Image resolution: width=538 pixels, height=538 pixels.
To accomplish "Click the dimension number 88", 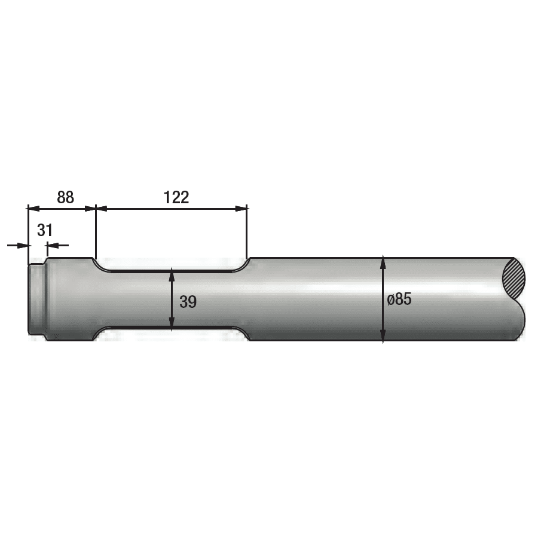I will point(65,197).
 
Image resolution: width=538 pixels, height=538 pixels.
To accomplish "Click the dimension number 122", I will point(176,197).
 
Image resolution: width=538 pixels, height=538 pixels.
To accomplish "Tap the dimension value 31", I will point(45,230).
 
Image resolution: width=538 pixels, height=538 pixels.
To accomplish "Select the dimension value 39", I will point(188,302).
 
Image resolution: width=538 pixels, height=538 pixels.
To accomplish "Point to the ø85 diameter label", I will point(399,299).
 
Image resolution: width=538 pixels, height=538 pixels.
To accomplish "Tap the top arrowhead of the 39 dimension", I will point(172,275).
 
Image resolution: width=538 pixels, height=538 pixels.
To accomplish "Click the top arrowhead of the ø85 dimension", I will point(383,262).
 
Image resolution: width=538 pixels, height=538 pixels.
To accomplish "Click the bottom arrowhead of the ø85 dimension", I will point(383,337).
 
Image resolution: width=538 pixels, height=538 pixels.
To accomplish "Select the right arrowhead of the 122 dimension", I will point(242,208).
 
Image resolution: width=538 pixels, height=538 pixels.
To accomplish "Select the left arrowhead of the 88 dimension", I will point(34,208).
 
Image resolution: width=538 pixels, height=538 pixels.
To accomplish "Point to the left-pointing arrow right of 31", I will point(53,244).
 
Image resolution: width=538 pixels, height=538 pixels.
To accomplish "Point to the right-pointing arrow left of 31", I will point(23,244).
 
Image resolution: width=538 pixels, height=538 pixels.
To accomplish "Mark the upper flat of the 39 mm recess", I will point(172,270).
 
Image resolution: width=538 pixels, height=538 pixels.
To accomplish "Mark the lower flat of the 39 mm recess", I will point(172,328).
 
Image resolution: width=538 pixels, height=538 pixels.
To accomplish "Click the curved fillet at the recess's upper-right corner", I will point(244,264).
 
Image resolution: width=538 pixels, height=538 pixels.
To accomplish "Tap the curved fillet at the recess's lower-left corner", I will point(100,333).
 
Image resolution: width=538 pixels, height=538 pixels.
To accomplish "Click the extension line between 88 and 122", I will point(96,233).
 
